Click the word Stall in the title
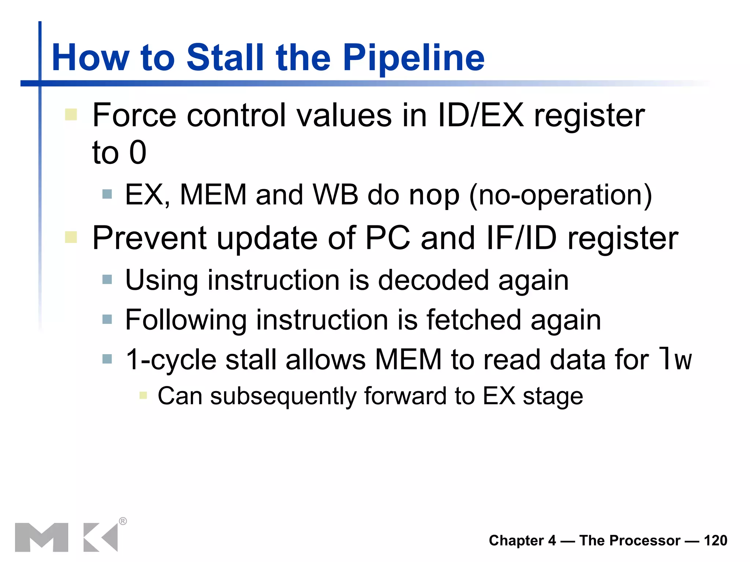(225, 57)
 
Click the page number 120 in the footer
(715, 540)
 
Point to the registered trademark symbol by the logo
(123, 521)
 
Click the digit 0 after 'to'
(138, 152)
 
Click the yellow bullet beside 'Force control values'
(71, 115)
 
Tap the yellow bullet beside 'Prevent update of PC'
(71, 237)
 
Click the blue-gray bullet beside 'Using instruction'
(107, 280)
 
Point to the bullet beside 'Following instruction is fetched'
(107, 319)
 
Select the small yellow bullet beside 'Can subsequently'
(143, 396)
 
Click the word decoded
(433, 280)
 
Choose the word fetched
(474, 320)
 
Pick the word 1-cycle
(171, 360)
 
